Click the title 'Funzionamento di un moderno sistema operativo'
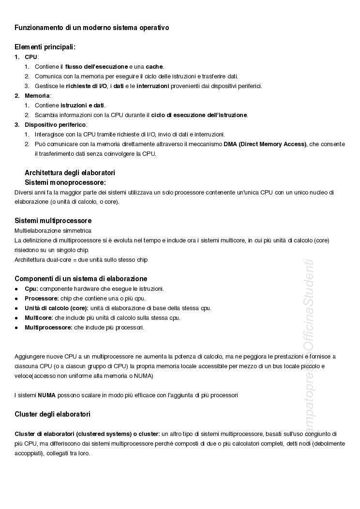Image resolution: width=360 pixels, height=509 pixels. (x=91, y=28)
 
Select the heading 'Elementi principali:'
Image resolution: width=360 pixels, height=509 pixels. (x=45, y=47)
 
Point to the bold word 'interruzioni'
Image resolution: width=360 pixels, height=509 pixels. (x=152, y=86)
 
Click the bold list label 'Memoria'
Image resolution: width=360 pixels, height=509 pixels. (x=37, y=96)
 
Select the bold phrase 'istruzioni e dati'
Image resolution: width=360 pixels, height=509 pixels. (x=82, y=105)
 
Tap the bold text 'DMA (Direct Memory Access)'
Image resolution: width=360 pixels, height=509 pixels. (x=265, y=144)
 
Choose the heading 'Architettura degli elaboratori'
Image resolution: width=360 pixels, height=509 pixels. (x=70, y=173)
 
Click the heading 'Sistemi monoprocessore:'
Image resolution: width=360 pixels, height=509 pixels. (x=65, y=182)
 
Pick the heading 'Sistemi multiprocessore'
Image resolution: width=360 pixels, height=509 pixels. (x=53, y=221)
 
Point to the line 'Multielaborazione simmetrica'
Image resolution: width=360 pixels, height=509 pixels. (x=53, y=231)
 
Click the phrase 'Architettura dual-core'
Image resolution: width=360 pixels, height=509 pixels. (x=43, y=260)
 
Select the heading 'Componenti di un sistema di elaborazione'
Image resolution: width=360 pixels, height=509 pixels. (x=81, y=279)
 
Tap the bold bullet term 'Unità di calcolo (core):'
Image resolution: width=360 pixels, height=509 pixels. (x=57, y=308)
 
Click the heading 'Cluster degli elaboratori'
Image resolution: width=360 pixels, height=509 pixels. (x=52, y=414)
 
